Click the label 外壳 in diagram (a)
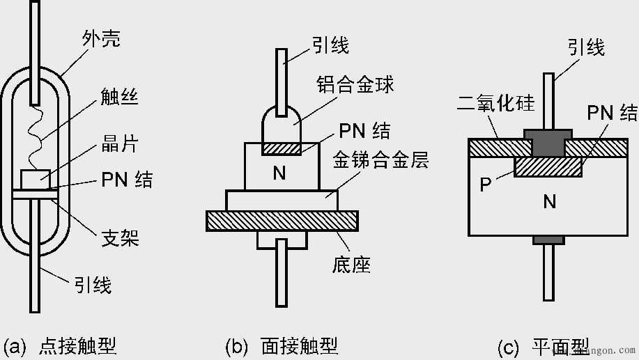pos(100,39)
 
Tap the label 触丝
pos(119,97)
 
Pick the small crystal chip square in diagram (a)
pos(35,179)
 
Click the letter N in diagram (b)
pos(279,173)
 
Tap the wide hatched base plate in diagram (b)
pos(282,221)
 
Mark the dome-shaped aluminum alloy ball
pos(282,125)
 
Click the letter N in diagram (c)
pos(550,202)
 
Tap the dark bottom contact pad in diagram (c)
pos(549,240)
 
